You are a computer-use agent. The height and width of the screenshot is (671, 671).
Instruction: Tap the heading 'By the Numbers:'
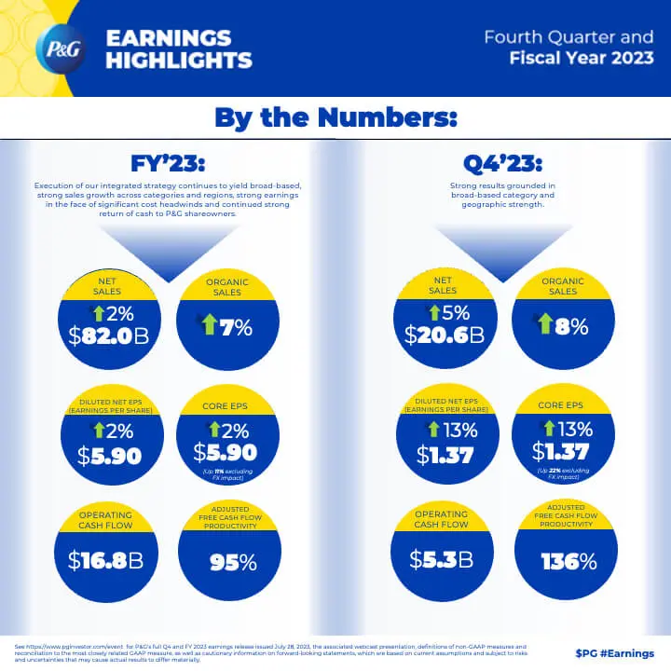(x=335, y=118)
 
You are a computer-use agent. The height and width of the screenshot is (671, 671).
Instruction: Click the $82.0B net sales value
(x=109, y=335)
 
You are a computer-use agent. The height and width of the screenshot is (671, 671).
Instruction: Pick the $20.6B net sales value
(x=444, y=335)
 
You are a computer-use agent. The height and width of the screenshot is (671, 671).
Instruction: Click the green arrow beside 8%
(x=543, y=326)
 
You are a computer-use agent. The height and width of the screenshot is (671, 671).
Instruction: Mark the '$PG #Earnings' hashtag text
(x=614, y=653)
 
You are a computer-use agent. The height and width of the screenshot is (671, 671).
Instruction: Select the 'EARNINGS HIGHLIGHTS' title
(x=178, y=49)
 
